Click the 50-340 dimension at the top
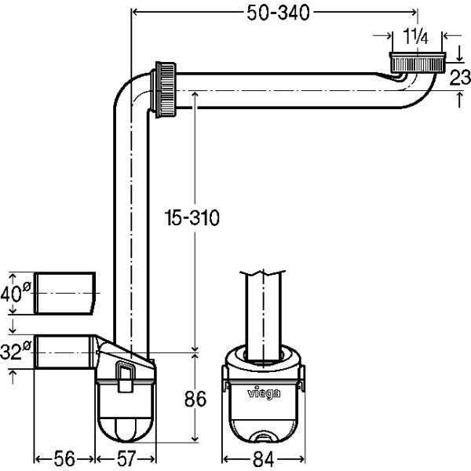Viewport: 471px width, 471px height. coord(278,13)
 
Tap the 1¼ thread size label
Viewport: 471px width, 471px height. coord(415,37)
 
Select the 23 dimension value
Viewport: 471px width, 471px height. coord(460,78)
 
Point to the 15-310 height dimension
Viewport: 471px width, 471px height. coord(192,217)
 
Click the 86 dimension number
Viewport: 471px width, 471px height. coord(195,399)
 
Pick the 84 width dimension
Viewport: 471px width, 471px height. coord(264,459)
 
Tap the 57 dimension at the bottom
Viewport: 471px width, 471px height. coord(126,459)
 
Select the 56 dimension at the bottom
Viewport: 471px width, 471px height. coord(64,459)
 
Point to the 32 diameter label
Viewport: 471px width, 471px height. coord(16,351)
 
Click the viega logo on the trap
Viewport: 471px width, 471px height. coord(264,393)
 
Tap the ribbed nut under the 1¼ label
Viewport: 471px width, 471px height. coord(418,63)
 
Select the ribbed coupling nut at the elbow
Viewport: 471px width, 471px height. coord(166,89)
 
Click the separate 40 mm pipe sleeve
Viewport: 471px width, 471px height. coord(65,293)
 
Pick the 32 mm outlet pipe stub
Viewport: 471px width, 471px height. coord(64,352)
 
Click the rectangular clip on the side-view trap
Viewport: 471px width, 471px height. coord(125,376)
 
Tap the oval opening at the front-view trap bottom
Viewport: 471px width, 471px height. coord(264,436)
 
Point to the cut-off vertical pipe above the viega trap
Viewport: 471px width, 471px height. coord(264,316)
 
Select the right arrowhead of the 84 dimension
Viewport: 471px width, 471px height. coord(301,459)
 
